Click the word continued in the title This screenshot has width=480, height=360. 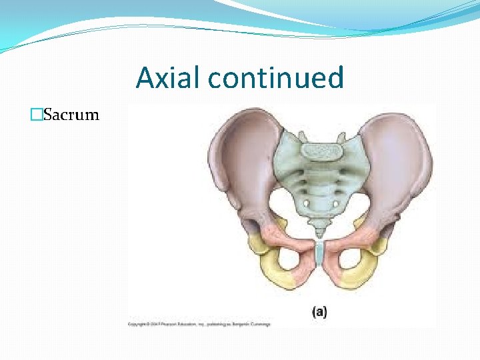tap(275, 78)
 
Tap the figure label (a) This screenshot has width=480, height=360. tap(320, 311)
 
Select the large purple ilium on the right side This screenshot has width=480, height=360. tap(400, 160)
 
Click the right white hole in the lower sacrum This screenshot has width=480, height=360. tap(335, 203)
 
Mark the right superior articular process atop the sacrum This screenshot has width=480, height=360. tap(342, 137)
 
